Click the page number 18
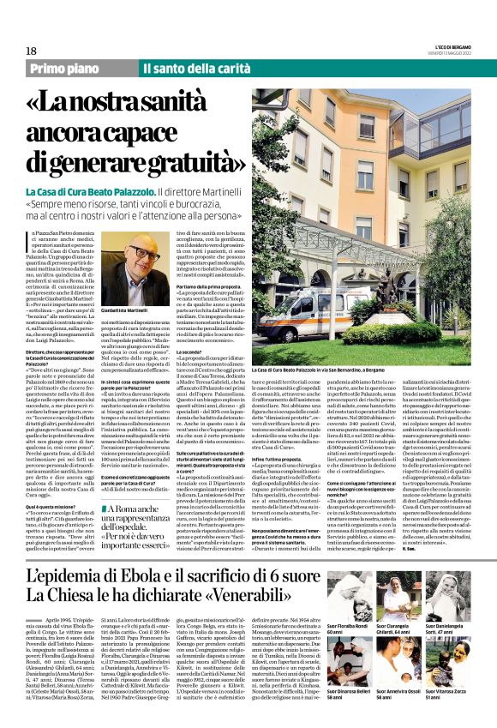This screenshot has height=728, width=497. tap(32, 51)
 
